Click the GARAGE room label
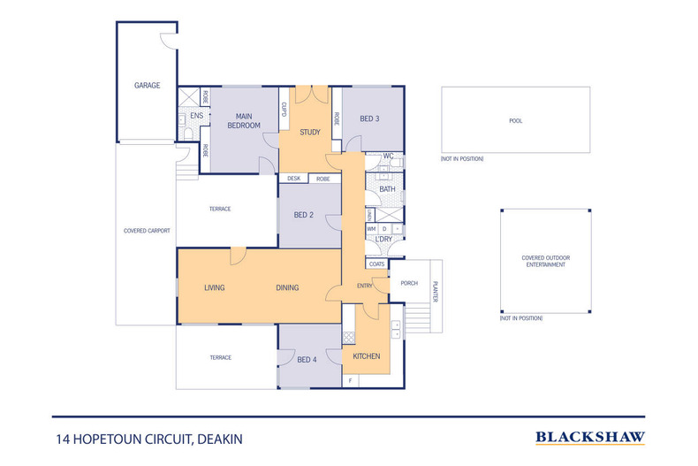[x=147, y=86]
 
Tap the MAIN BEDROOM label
[x=244, y=121]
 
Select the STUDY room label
[x=309, y=133]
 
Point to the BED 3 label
[x=369, y=118]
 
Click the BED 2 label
[x=302, y=216]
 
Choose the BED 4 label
[x=307, y=359]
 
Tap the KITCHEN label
[x=367, y=356]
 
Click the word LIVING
[x=216, y=287]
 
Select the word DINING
[x=286, y=287]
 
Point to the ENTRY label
[x=365, y=286]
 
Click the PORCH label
[x=409, y=284]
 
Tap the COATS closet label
[x=377, y=264]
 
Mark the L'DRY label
[x=384, y=240]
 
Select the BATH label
[x=387, y=189]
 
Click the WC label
[x=387, y=157]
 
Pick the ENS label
[x=196, y=116]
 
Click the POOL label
[x=515, y=121]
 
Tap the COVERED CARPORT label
[x=147, y=231]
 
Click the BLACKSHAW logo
[x=590, y=437]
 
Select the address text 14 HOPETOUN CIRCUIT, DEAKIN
[x=148, y=438]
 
